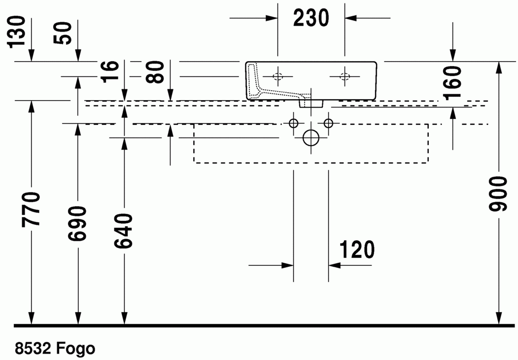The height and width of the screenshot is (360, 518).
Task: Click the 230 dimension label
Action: coord(311,18)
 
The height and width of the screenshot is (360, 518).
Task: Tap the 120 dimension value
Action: coord(357,250)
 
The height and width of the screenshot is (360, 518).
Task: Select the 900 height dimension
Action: coord(498,194)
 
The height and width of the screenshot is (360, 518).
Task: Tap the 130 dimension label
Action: coord(17,32)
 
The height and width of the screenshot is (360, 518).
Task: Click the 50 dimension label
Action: coord(63,33)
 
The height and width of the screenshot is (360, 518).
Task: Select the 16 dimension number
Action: coord(110,72)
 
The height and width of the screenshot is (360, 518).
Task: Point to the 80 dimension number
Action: coord(156,72)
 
